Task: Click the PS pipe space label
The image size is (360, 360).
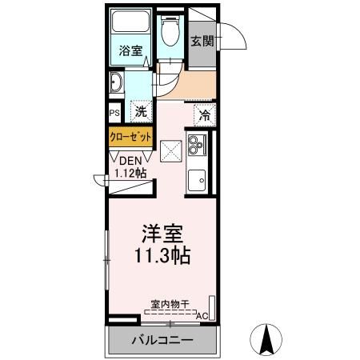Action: [114, 113]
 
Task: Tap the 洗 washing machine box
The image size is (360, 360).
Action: [141, 112]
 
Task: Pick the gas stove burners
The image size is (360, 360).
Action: [196, 145]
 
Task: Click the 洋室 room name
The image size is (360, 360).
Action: [164, 235]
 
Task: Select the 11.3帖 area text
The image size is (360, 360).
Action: [163, 257]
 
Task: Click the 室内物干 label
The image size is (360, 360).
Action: [169, 304]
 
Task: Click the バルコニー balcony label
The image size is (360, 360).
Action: [162, 341]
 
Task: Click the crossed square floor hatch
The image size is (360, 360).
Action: [170, 150]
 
